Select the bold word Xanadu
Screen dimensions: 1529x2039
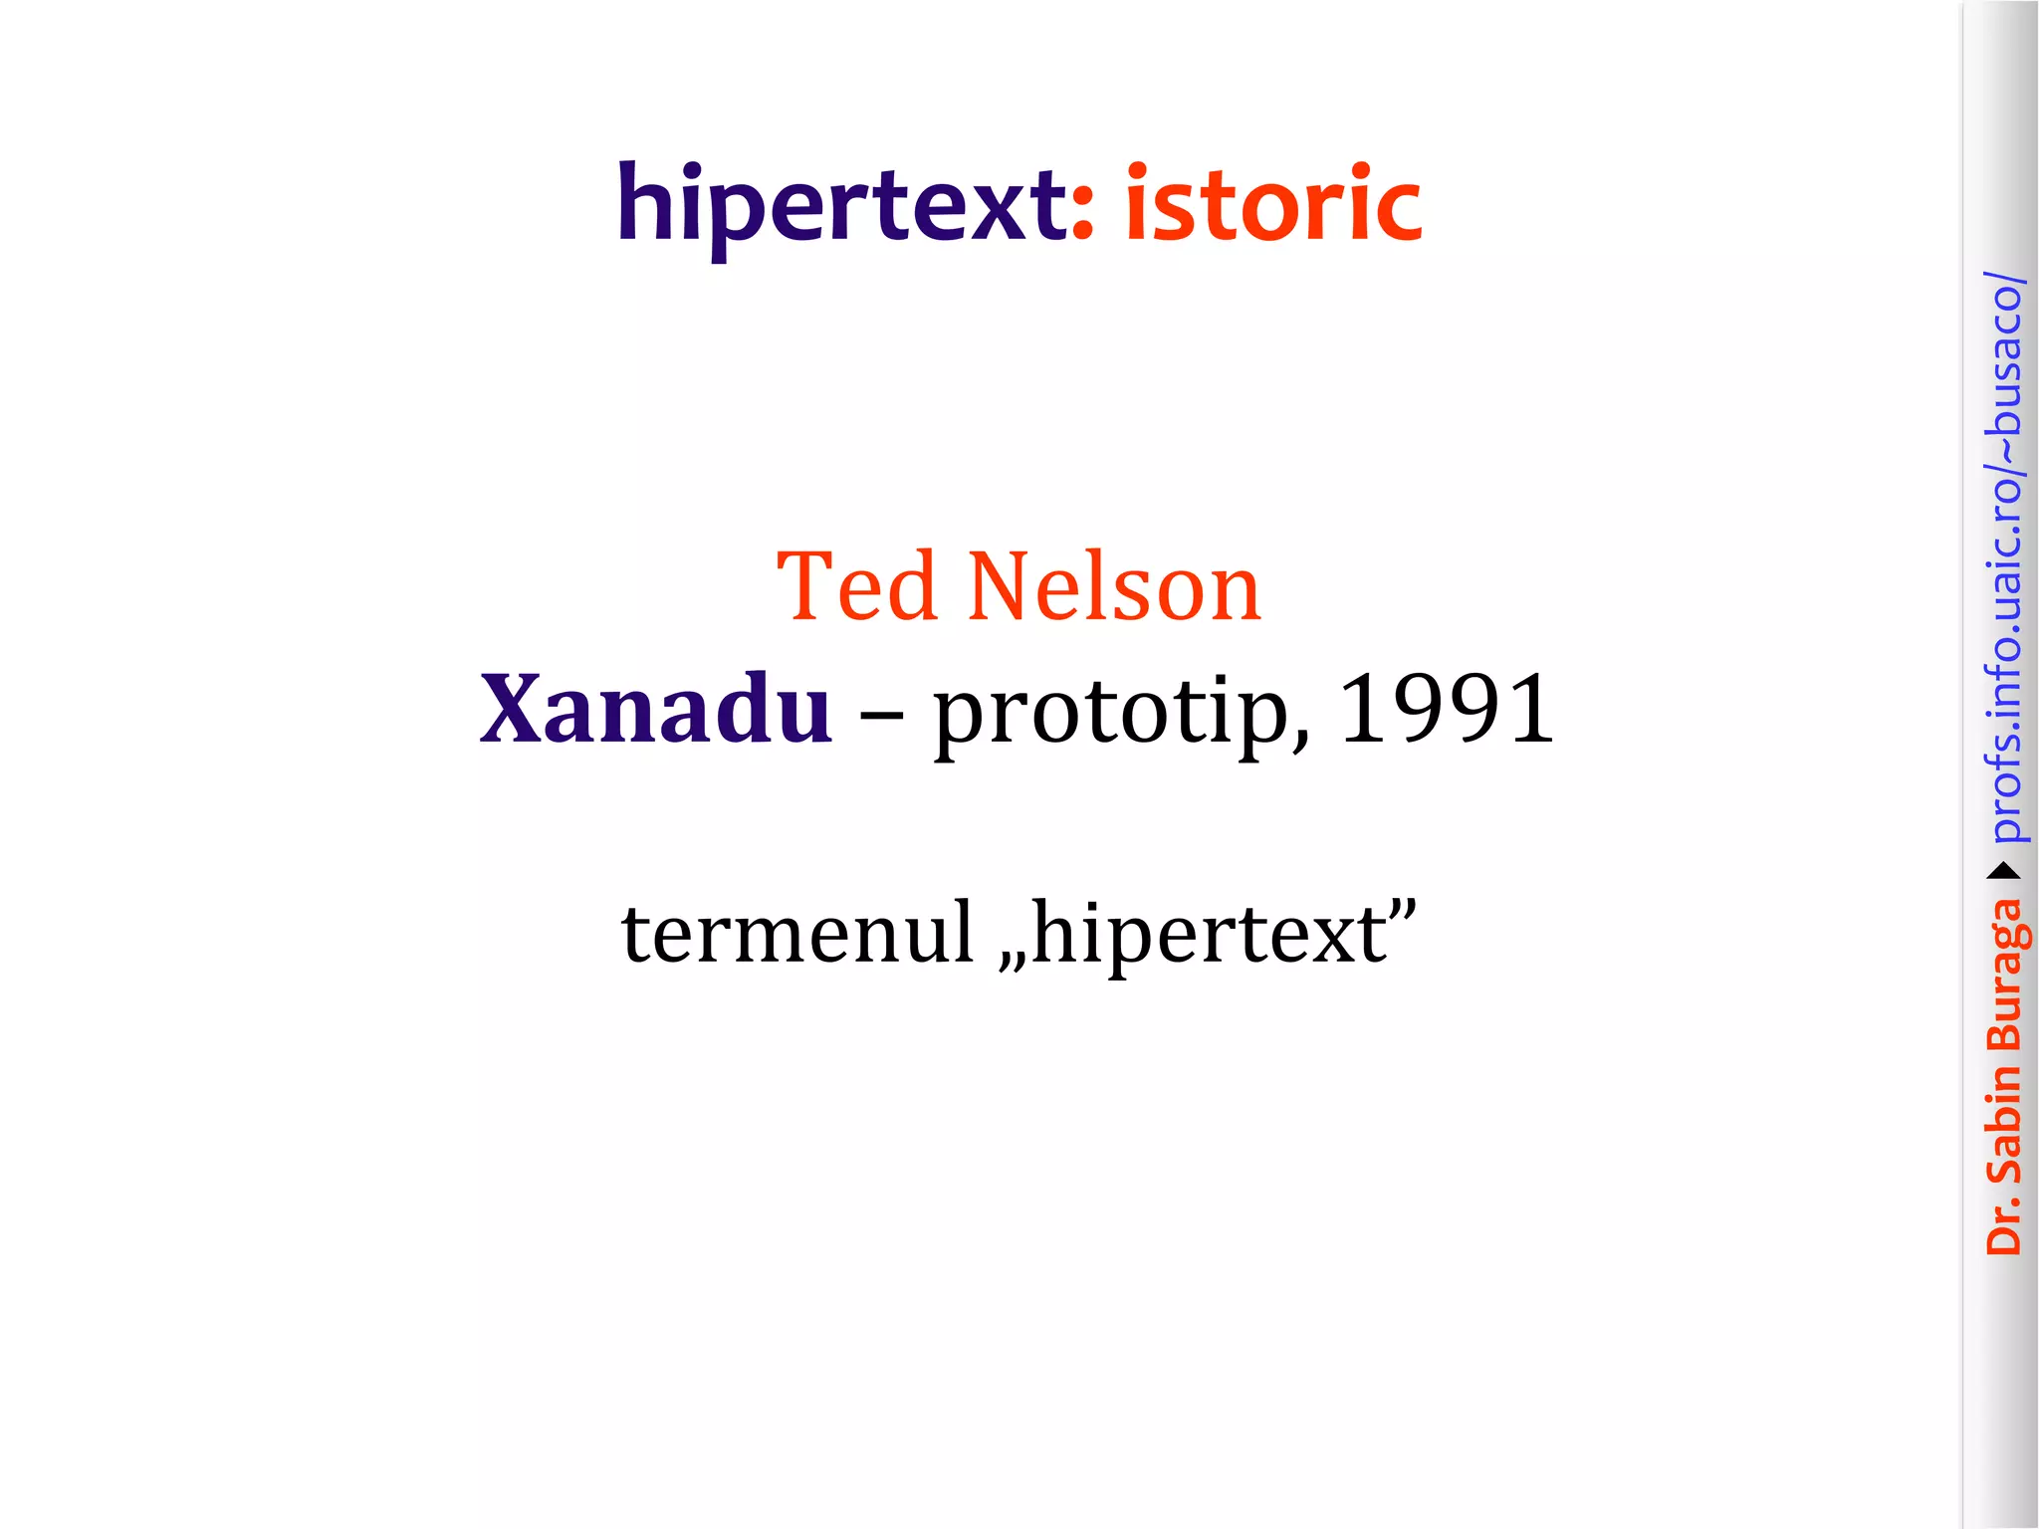[x=655, y=709]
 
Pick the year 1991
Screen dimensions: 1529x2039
[x=1446, y=709]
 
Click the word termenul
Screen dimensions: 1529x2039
[x=796, y=934]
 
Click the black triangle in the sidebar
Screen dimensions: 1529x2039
[x=2004, y=872]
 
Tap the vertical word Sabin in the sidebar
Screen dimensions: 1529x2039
[x=2004, y=1119]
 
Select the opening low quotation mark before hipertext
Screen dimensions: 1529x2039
[x=1014, y=960]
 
